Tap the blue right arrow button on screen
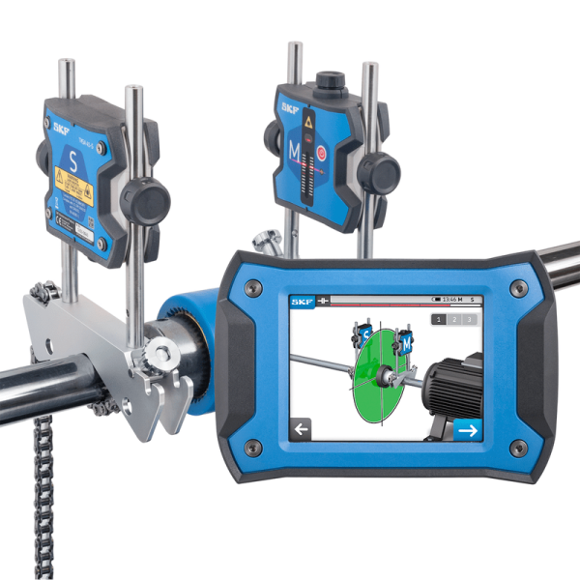tap(467, 428)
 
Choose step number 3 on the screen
tap(470, 319)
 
